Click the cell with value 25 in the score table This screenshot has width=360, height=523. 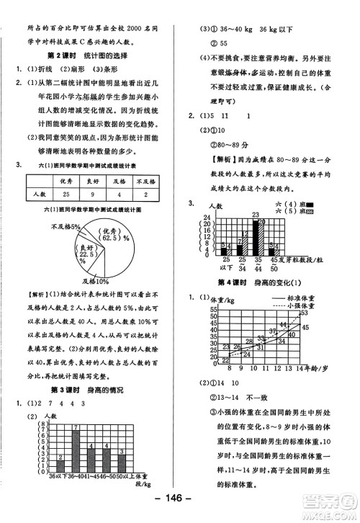click(x=65, y=195)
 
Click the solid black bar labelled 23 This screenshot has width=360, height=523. click(x=255, y=239)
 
